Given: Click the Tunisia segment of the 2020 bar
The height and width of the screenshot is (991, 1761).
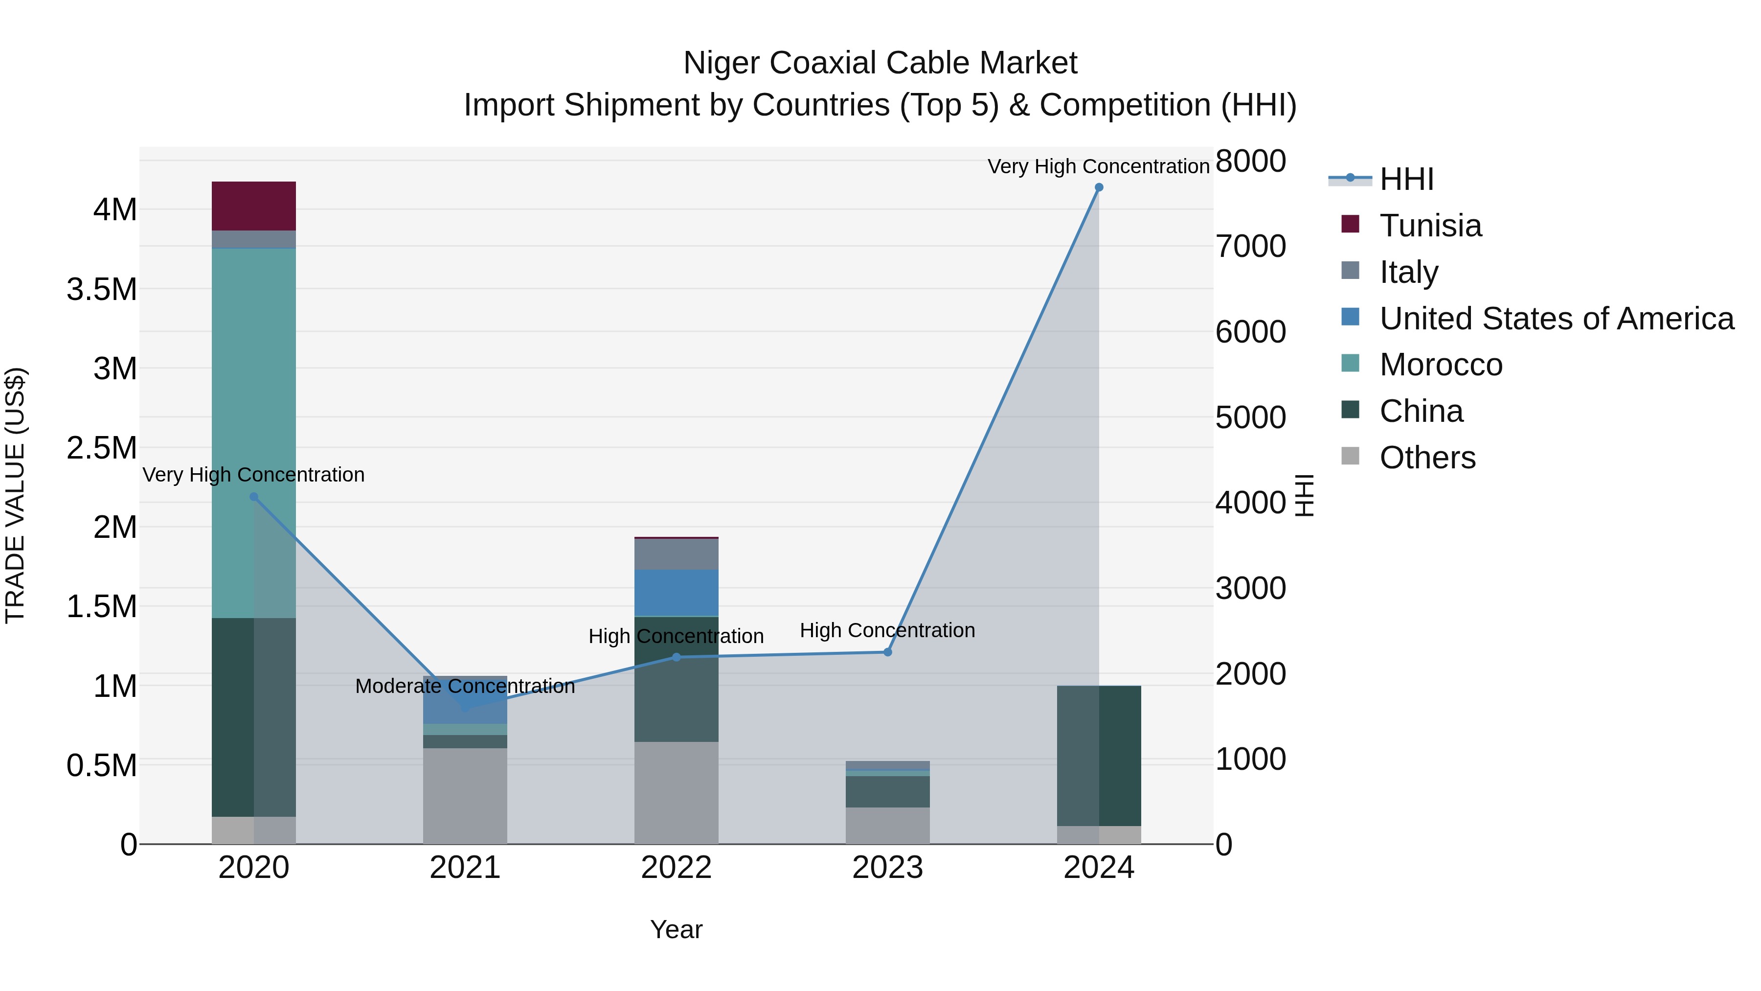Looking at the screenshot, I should (x=253, y=206).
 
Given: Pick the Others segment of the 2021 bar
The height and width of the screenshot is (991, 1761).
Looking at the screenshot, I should (x=465, y=795).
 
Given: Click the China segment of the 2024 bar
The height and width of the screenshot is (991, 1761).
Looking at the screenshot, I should (x=1099, y=755).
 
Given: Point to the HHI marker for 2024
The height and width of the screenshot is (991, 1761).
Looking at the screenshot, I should (x=1099, y=187).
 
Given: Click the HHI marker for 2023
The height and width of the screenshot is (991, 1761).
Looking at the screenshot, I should (x=887, y=652).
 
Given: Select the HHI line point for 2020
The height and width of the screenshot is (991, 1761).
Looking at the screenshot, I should (x=253, y=497).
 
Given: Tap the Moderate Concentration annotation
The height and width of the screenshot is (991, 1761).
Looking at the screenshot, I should (x=465, y=686).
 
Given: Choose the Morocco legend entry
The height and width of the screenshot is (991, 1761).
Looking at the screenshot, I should (x=1441, y=365).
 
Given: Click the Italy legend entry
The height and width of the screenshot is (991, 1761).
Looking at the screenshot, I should (x=1408, y=272).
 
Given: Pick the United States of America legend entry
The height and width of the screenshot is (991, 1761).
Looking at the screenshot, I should (x=1556, y=318).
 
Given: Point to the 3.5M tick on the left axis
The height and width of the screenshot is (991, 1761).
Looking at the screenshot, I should (x=102, y=289).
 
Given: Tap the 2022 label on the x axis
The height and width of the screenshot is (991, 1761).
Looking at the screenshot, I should (x=676, y=868).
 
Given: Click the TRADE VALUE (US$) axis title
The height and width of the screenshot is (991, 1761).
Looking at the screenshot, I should (x=16, y=495).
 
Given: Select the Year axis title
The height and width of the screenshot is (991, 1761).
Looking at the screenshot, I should (x=676, y=929).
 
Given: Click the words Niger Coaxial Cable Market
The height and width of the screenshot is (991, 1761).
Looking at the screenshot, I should (x=880, y=63).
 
